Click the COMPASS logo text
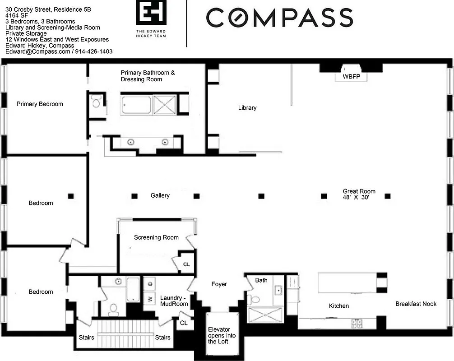pos(279,18)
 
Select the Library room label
pos(247,108)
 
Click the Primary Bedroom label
pos(40,104)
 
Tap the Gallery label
pos(160,195)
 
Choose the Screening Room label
pos(156,237)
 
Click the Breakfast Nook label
pos(416,304)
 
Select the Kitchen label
pos(338,306)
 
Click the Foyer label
pos(219,284)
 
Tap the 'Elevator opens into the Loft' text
pos(218,335)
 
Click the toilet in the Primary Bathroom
pos(96,103)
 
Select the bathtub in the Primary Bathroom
pos(136,104)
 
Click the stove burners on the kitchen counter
pos(357,323)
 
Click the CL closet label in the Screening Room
pos(186,264)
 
